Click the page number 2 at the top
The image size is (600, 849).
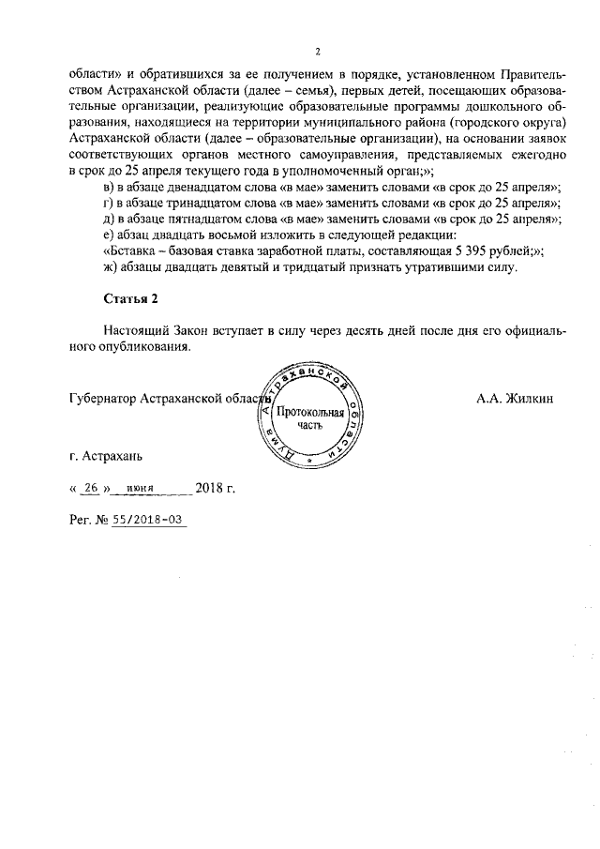coord(318,51)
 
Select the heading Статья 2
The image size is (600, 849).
coord(128,298)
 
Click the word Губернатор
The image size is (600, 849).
coord(102,398)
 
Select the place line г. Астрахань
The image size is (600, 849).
coord(105,457)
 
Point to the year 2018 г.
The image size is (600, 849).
coord(215,489)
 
